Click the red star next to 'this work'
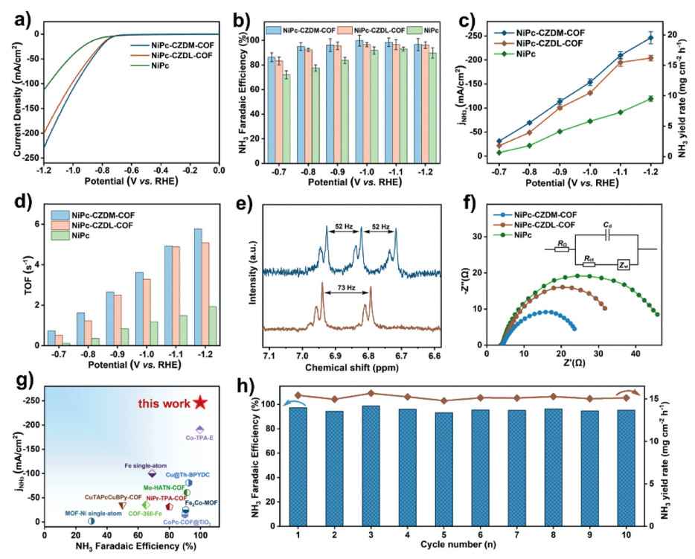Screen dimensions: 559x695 tap(199, 403)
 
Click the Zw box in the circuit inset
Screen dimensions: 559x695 tap(626, 264)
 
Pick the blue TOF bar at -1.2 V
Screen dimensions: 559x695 tap(198, 287)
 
